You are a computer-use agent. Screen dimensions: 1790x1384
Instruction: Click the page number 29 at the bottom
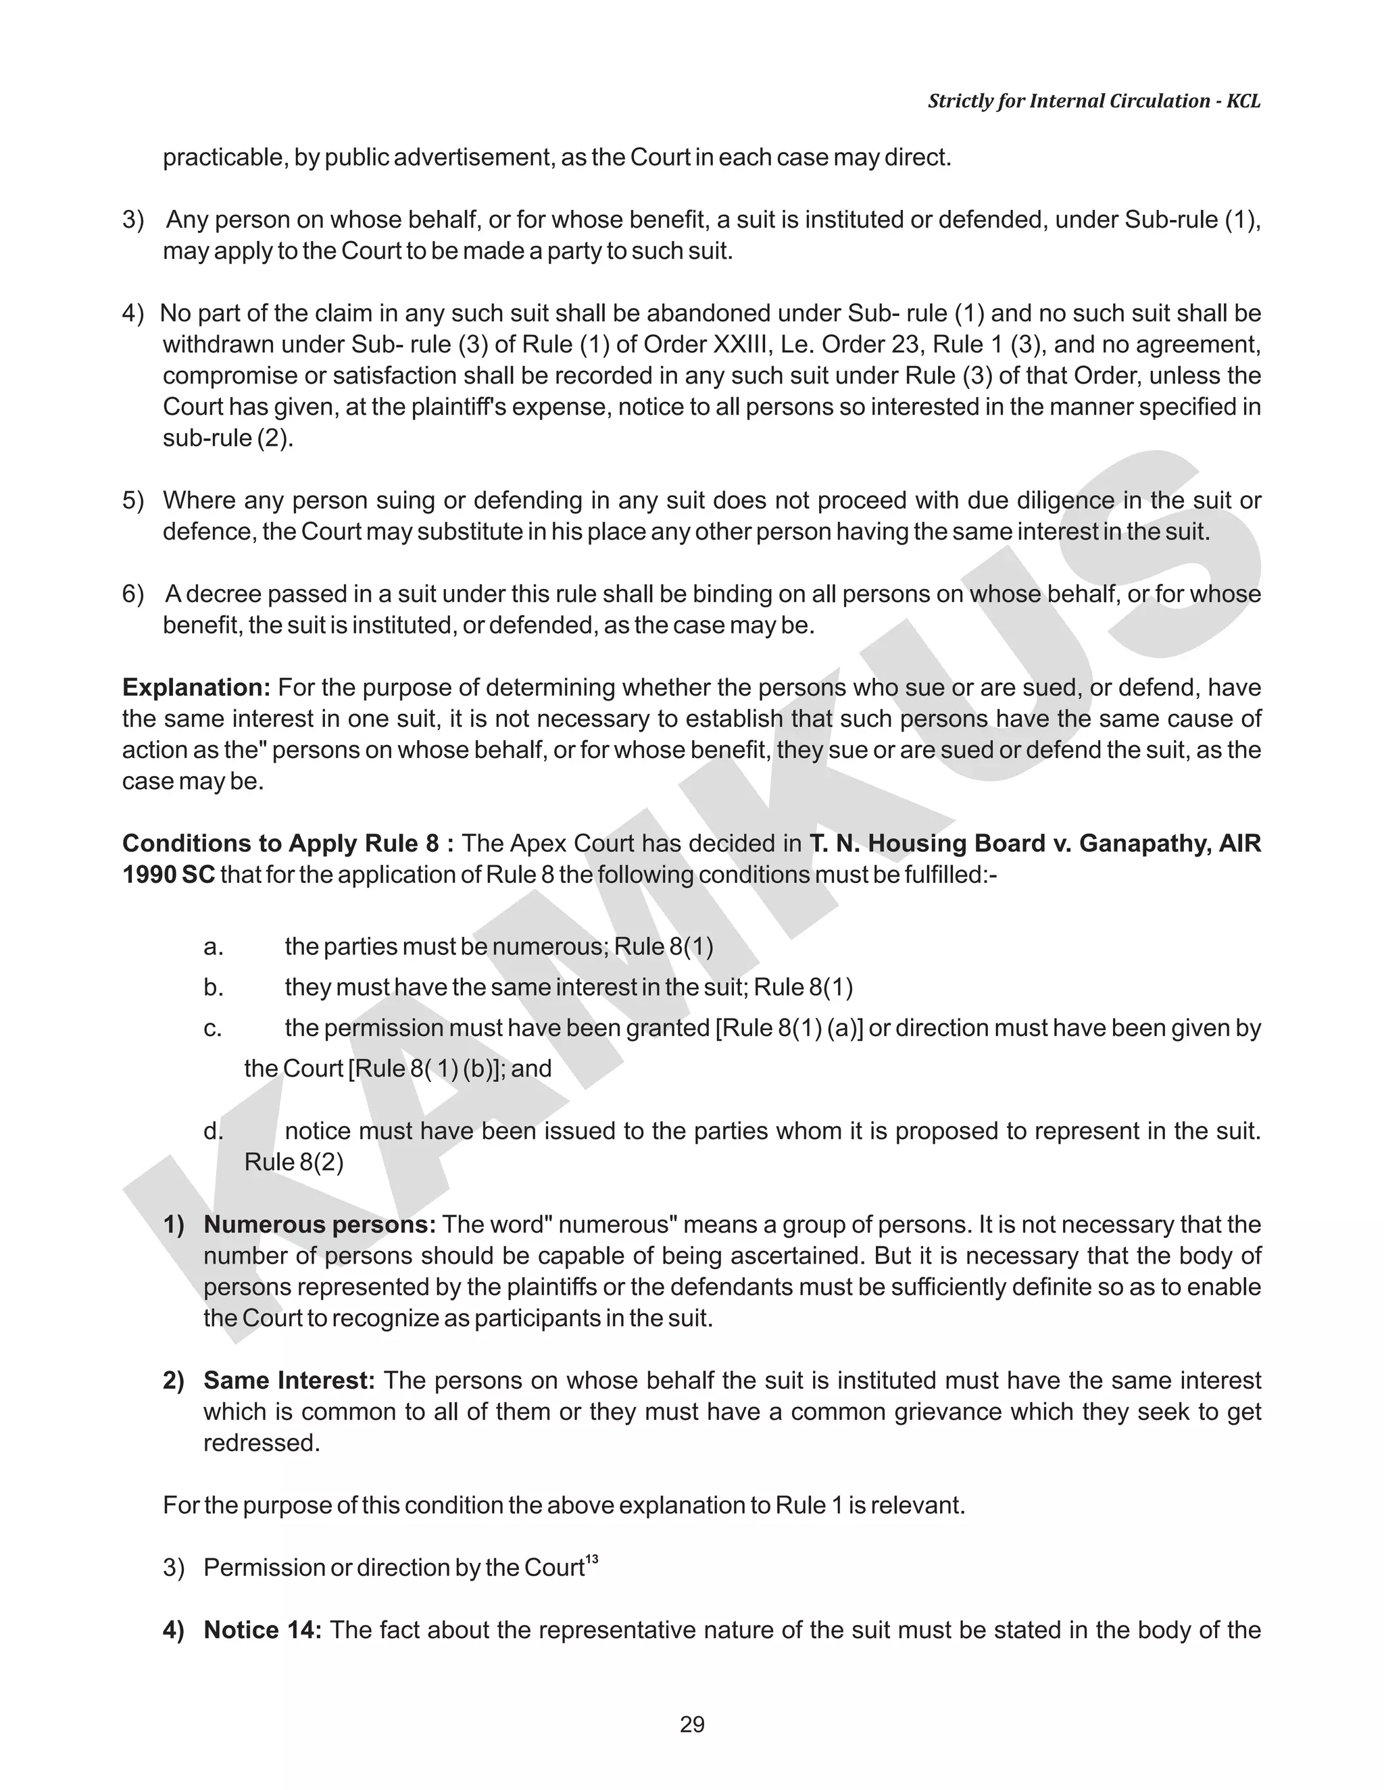[x=692, y=1724]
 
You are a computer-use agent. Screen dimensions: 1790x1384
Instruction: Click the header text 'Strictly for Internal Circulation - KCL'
[x=1094, y=101]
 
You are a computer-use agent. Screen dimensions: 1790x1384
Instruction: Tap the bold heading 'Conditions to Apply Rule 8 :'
[x=288, y=844]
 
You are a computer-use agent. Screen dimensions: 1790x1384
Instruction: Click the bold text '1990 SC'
[x=168, y=875]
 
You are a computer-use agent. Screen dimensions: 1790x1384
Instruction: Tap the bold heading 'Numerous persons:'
[x=320, y=1225]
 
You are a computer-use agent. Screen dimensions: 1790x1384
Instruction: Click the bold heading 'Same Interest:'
[x=289, y=1380]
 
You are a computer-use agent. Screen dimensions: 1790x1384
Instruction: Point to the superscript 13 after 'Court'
[x=592, y=1559]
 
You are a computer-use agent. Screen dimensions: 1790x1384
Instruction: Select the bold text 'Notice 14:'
[x=262, y=1629]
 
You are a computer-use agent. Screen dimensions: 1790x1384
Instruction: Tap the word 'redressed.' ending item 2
[x=262, y=1443]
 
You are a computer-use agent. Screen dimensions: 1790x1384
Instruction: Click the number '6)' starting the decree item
[x=133, y=594]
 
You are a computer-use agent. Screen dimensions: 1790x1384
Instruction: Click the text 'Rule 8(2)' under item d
[x=293, y=1162]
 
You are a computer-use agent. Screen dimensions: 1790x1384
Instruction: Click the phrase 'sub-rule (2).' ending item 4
[x=228, y=438]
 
